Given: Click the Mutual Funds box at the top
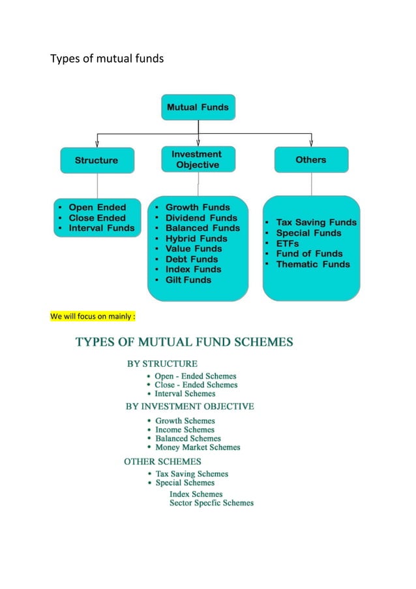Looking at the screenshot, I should tap(198, 107).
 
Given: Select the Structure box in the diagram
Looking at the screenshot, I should tap(97, 160).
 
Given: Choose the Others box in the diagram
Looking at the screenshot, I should tap(310, 159).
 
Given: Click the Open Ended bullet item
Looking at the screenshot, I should tap(97, 208).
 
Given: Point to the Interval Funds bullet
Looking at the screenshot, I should tap(101, 228).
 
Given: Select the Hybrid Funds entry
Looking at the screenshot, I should tap(196, 238).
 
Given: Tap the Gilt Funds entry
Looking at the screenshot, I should tap(188, 279).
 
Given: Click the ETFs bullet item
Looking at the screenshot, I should tap(287, 243).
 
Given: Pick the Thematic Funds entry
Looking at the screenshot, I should tap(313, 264).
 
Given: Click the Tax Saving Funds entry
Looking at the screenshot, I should tap(316, 222).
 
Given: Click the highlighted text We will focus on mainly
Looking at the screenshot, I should tap(93, 317).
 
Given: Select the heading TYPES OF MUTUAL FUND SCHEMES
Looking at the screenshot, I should tap(185, 341).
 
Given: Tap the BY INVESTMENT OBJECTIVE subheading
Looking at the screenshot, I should tap(190, 406).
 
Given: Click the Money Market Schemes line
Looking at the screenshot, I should tap(198, 447).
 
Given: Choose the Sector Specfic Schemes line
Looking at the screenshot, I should tap(211, 503).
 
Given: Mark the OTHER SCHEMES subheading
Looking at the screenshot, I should tap(162, 462).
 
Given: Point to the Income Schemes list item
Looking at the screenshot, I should tap(185, 430).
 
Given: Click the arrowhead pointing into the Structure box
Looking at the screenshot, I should tap(97, 144).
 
